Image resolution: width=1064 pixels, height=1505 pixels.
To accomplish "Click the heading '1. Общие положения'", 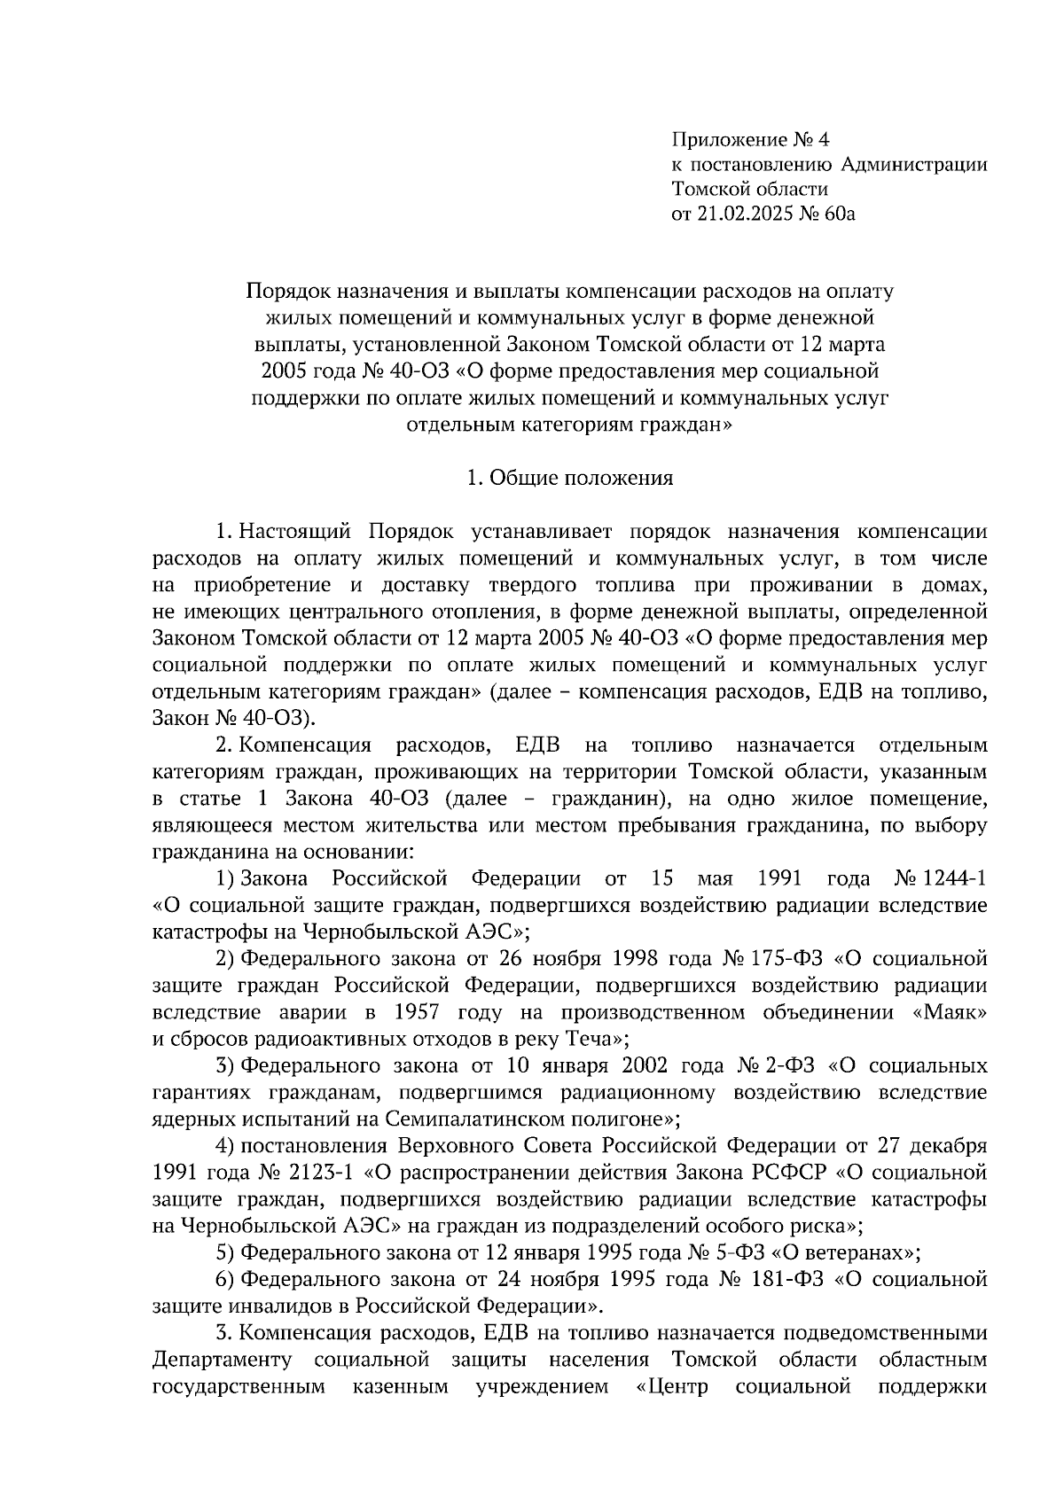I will [x=569, y=479].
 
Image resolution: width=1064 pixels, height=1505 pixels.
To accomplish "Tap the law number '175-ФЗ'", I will [x=789, y=958].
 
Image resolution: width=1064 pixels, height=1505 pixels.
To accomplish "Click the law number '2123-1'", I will [x=320, y=1173].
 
